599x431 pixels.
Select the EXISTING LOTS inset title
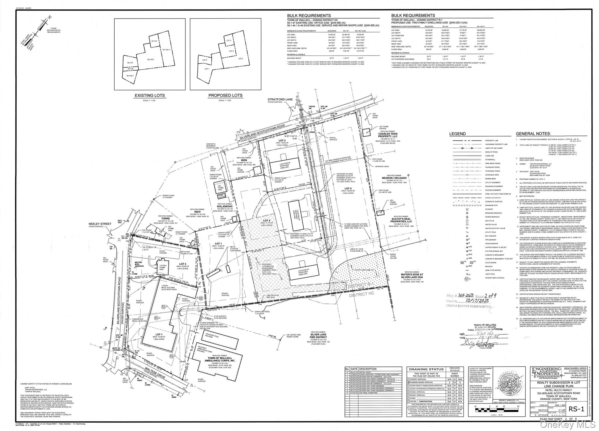point(149,95)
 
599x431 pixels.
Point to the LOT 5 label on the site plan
point(348,188)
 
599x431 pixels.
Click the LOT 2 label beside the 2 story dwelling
point(183,264)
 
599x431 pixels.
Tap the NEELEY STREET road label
point(100,224)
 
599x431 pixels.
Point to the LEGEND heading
point(457,134)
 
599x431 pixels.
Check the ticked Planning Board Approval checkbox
point(409,382)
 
